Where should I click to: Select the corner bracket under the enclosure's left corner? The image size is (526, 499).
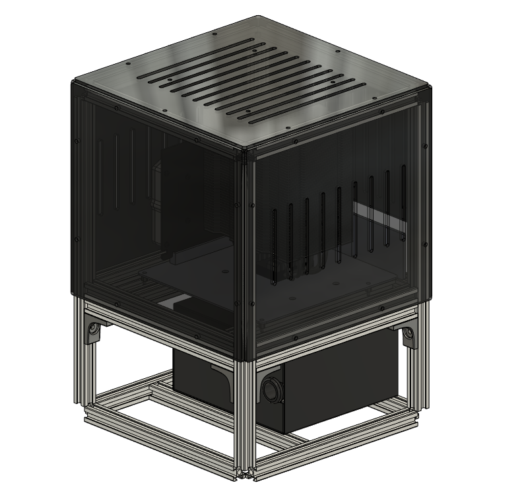(x=93, y=328)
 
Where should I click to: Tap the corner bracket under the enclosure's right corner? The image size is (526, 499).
(x=409, y=335)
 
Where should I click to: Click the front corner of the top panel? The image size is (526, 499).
(x=246, y=152)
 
